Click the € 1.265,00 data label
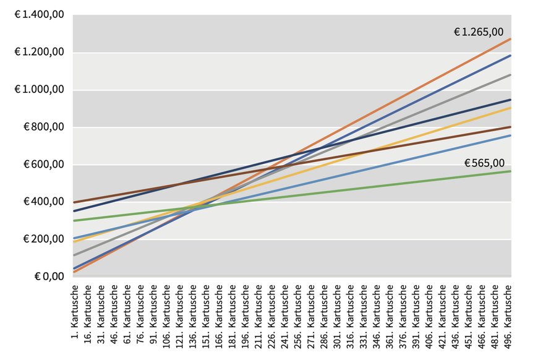click(x=479, y=32)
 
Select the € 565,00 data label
click(x=484, y=163)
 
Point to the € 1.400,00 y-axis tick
click(x=39, y=15)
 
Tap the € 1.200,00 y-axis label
click(x=39, y=53)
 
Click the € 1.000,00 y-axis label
click(x=39, y=90)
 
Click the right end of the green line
click(x=510, y=171)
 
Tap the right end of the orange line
click(x=510, y=39)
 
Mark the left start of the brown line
click(x=74, y=202)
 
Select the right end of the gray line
click(x=510, y=75)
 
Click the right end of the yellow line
click(x=510, y=108)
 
